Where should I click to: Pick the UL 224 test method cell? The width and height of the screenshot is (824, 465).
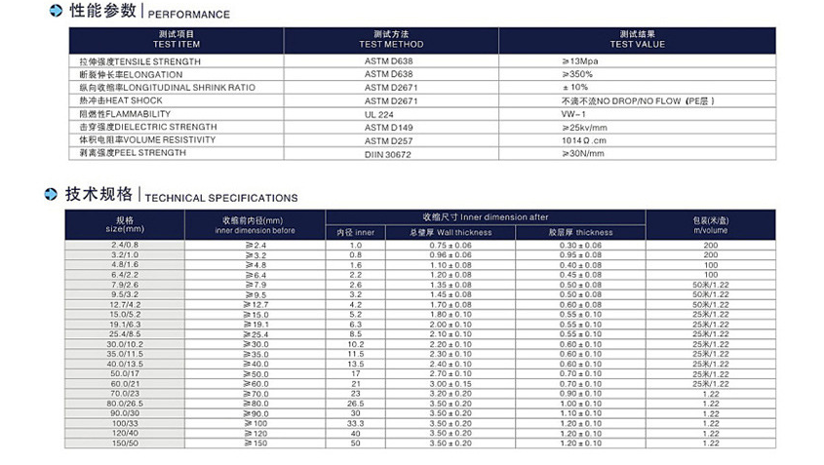click(378, 114)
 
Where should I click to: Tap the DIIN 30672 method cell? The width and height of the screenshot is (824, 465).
click(387, 153)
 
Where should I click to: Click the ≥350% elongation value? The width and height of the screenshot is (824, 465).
click(576, 74)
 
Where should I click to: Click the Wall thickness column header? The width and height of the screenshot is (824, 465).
click(451, 233)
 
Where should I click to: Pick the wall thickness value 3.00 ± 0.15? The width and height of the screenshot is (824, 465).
click(451, 383)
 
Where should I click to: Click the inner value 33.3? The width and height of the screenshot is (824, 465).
click(356, 422)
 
